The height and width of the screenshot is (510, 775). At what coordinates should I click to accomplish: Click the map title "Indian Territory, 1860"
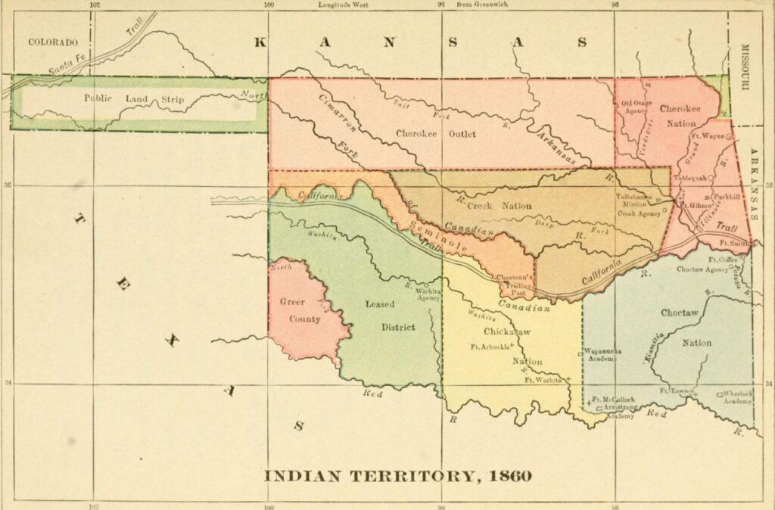(x=397, y=477)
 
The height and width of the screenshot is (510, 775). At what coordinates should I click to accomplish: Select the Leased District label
(x=391, y=316)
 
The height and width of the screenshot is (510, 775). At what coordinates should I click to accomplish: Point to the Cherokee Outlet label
(x=436, y=134)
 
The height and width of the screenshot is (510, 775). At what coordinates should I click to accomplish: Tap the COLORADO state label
(x=54, y=42)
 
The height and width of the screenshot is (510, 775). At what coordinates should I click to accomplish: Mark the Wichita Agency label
(x=428, y=294)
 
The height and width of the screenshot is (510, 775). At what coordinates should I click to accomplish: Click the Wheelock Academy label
(x=738, y=397)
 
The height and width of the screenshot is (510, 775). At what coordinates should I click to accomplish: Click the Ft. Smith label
(x=733, y=244)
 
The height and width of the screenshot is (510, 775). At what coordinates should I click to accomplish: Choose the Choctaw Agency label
(x=706, y=269)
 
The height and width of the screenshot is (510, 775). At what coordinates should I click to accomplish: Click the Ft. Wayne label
(x=706, y=137)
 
